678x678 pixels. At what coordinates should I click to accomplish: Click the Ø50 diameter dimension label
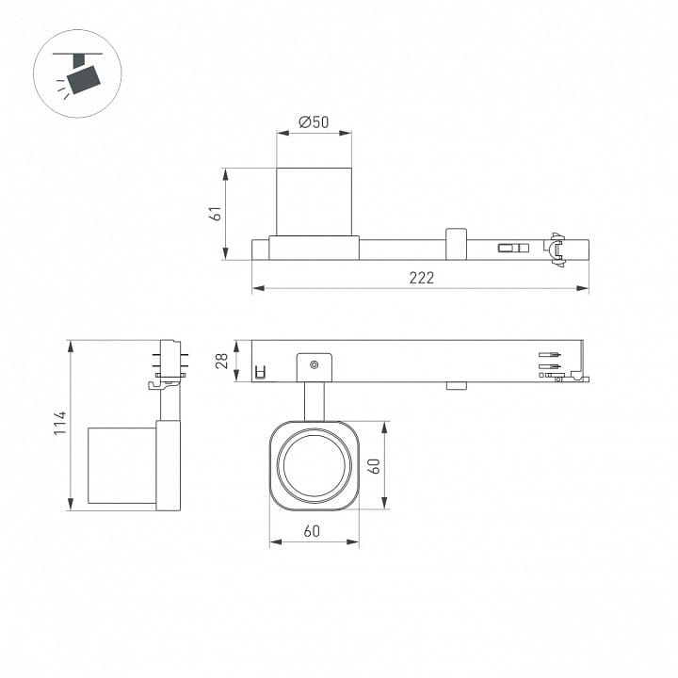click(x=314, y=122)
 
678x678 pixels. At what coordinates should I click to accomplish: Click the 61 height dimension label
click(x=216, y=214)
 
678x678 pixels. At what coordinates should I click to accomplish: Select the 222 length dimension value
click(x=422, y=278)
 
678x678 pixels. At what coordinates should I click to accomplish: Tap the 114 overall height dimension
click(x=60, y=424)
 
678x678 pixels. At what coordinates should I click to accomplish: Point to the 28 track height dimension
click(x=222, y=361)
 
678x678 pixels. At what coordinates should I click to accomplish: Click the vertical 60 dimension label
click(x=376, y=466)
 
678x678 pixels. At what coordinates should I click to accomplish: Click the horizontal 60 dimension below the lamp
click(x=312, y=531)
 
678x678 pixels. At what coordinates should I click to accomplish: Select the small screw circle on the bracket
click(x=315, y=365)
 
